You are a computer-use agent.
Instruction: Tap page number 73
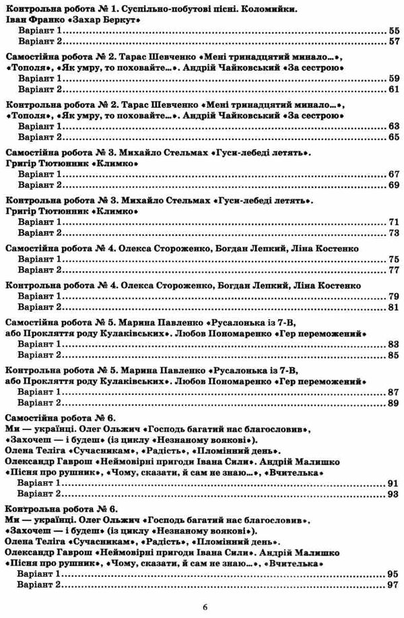[x=394, y=233]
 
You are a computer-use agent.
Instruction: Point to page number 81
[x=394, y=308]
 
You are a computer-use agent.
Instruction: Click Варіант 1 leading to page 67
[x=39, y=173]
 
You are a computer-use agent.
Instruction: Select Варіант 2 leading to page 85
[x=39, y=354]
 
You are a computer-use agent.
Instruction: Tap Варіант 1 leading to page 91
[x=39, y=484]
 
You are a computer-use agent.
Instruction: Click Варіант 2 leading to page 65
[x=39, y=137]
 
